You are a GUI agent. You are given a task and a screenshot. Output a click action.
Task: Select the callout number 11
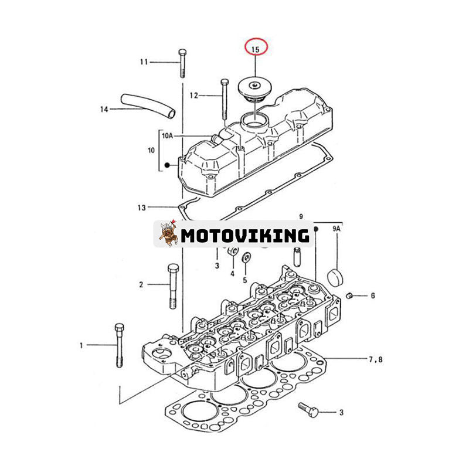pos(144,62)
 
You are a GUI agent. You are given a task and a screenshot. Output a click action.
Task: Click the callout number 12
pos(194,94)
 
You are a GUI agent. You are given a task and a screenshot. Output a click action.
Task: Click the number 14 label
pos(104,109)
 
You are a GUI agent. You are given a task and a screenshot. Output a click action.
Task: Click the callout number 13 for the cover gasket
pos(141,207)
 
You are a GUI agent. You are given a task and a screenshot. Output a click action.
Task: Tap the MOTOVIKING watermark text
pos(244,235)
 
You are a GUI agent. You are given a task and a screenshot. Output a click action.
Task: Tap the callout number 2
pos(141,285)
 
